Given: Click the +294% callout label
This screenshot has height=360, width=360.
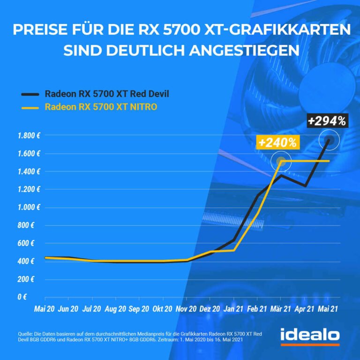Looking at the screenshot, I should [x=327, y=121].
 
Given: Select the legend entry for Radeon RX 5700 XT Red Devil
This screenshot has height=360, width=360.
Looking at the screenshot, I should [x=106, y=93].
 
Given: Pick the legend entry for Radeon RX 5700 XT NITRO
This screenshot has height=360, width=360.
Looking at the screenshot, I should [x=101, y=107].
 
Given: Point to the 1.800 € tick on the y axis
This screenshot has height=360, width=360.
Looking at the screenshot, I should [x=29, y=136].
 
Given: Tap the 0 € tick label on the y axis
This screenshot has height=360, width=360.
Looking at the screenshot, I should [x=34, y=297].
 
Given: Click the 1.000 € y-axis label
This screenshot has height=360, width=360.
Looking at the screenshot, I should [x=29, y=208].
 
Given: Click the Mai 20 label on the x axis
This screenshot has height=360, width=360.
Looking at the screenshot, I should [x=45, y=309].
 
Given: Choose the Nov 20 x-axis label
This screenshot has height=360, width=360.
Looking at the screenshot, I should [x=186, y=309].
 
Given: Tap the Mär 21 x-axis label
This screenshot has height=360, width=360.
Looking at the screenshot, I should [x=281, y=309].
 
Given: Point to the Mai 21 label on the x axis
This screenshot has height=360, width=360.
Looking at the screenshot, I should [x=328, y=309].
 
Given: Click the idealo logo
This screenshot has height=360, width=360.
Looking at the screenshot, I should [x=310, y=336].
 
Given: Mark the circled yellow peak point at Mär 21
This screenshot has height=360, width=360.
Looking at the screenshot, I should [x=281, y=161].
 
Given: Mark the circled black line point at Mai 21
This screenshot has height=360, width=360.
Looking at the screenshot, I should [x=328, y=140].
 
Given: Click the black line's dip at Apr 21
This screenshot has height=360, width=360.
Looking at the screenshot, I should [x=305, y=186].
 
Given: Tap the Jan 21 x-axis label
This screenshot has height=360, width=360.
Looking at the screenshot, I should [x=233, y=309].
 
